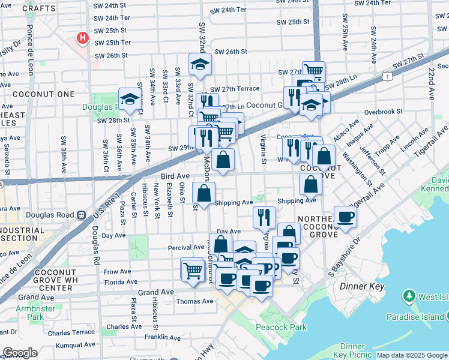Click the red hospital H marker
point(83,38)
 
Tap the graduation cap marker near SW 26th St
point(200,63)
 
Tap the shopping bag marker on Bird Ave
point(223,160)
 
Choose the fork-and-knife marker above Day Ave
point(264,217)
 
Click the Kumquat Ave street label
point(76,346)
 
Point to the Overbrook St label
point(383,112)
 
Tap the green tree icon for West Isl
point(409,296)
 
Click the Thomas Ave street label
point(195,301)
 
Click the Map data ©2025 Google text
point(412,355)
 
